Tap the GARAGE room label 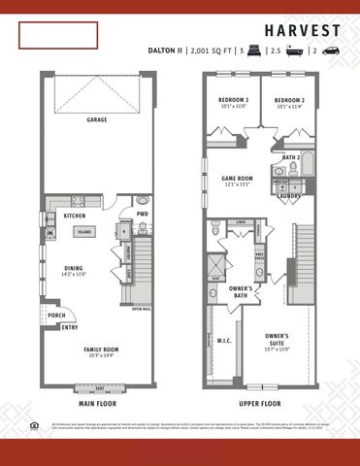tap(96, 120)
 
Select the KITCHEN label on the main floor tap(76, 216)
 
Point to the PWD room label tap(142, 214)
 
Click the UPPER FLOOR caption tap(260, 402)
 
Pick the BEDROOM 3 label tap(233, 101)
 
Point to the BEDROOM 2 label tap(289, 101)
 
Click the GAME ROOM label tap(237, 179)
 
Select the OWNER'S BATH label tap(241, 291)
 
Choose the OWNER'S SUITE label tap(278, 340)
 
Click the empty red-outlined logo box tap(59, 36)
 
